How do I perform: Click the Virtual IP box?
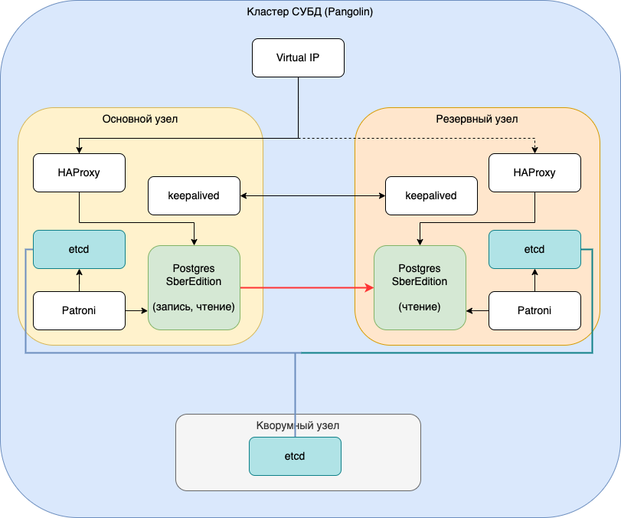pos(298,58)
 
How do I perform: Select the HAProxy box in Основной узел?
pos(79,173)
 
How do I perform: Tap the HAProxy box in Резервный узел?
pos(534,173)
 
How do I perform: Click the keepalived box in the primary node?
pos(194,196)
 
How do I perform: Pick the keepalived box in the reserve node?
pos(430,196)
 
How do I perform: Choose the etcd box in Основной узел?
pos(79,250)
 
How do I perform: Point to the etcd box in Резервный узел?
pos(534,250)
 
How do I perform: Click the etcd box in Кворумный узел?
pos(295,457)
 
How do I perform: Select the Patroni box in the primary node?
pos(79,311)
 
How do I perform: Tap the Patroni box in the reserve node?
pos(534,311)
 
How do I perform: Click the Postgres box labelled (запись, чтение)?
pos(194,288)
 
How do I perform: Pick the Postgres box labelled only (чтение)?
pos(419,288)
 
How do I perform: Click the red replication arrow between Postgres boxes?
pos(306,288)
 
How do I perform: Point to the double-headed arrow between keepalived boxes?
pos(312,196)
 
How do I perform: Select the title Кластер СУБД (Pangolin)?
pos(309,12)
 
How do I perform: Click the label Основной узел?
pos(140,120)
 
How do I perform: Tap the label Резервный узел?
pos(476,120)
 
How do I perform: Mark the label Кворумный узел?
pos(297,425)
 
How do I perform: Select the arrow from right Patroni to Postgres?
pos(477,311)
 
